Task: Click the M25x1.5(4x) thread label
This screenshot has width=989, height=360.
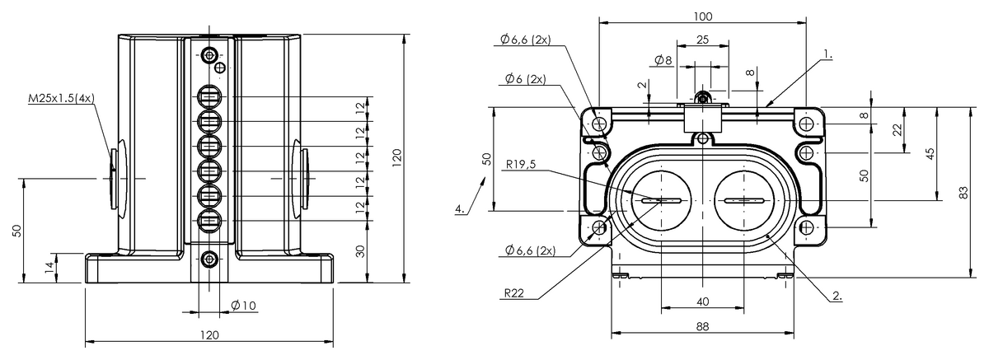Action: [x=62, y=98]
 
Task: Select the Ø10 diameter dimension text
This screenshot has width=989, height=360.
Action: [x=244, y=305]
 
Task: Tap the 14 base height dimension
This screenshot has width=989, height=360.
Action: [x=49, y=267]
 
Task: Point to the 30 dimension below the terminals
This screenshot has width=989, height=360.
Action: [x=360, y=251]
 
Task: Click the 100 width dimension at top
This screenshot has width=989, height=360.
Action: [x=702, y=16]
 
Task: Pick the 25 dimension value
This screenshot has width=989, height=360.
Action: [x=701, y=40]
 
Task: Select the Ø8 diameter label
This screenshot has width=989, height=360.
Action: [x=663, y=60]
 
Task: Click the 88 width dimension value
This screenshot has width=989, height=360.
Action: [x=701, y=326]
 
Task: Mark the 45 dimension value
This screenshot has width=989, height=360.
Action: [x=930, y=154]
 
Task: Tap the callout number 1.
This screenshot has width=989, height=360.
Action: [x=827, y=55]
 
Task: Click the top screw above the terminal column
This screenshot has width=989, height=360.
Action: [x=209, y=55]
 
